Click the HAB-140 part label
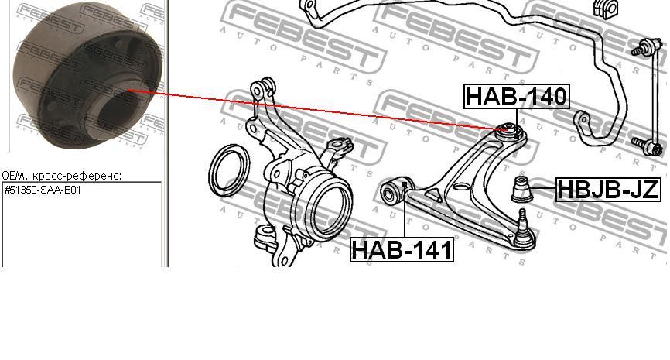(x=517, y=96)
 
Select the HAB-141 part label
(x=402, y=250)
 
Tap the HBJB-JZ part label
(x=608, y=189)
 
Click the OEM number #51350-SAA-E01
(x=43, y=190)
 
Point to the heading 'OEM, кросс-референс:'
(x=62, y=175)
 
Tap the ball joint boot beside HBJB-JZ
(x=521, y=188)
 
